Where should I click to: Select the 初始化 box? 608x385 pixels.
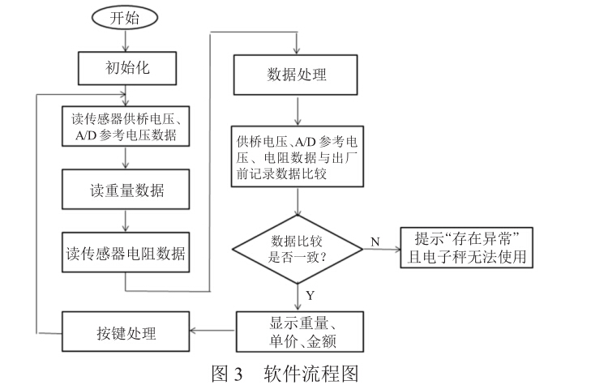click(125, 68)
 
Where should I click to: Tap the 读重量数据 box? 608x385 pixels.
click(125, 191)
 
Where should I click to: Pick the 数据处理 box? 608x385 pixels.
click(297, 75)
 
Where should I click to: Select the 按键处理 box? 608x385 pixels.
click(125, 333)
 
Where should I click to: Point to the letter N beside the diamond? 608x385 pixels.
click(375, 242)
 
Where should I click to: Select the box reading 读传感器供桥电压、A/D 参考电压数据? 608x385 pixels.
click(125, 128)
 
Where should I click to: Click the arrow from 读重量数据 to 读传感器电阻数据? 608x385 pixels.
click(125, 221)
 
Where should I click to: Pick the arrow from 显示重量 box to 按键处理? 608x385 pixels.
click(212, 331)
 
